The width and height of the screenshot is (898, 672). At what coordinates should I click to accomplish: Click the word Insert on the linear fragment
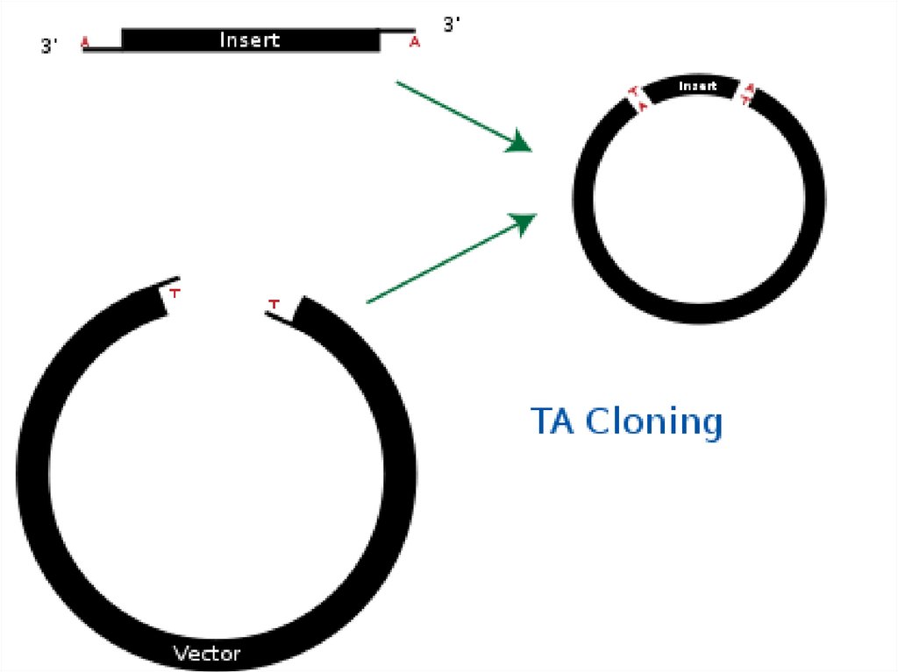point(250,40)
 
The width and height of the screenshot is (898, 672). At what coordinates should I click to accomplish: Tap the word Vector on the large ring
point(207,654)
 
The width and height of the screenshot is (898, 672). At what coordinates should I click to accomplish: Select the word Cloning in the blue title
point(653,421)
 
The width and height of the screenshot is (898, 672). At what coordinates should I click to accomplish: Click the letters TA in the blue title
point(553,421)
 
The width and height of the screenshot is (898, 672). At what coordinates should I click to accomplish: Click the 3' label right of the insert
point(452,25)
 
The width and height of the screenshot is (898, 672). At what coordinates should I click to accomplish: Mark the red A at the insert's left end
point(85,41)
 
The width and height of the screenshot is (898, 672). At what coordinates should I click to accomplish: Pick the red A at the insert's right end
point(415,41)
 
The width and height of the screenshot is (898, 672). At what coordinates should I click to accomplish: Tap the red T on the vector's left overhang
point(175,293)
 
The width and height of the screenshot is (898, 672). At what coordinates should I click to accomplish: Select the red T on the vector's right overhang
point(274,304)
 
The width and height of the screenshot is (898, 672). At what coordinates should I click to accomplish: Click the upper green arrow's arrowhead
point(520,143)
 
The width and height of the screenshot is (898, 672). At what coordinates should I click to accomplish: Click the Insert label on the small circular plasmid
point(697,87)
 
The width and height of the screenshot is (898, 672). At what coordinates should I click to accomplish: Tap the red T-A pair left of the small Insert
point(638,98)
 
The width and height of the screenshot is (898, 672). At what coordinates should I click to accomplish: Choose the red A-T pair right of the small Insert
point(748,94)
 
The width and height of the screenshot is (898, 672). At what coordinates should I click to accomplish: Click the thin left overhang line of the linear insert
point(103,49)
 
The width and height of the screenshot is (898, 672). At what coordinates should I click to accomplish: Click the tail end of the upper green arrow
point(398,82)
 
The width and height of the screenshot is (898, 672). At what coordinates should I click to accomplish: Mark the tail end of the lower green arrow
point(367,302)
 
